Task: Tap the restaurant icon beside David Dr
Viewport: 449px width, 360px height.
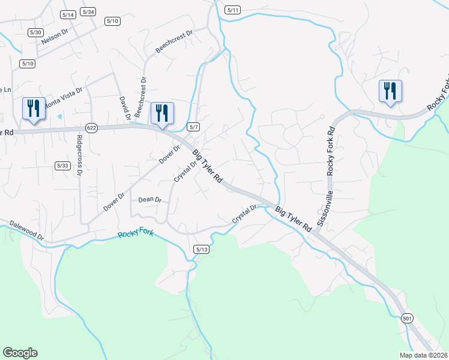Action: [162, 113]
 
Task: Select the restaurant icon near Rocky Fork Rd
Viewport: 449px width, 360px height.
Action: [390, 91]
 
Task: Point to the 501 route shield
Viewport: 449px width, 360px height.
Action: [407, 319]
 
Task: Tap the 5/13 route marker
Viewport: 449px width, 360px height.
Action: [202, 249]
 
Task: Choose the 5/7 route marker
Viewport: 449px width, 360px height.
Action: [193, 127]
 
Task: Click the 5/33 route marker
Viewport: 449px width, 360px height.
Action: [62, 166]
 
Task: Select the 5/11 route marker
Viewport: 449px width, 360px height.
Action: [233, 10]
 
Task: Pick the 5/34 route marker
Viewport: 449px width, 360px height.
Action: [88, 12]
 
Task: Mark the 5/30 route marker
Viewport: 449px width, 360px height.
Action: [36, 32]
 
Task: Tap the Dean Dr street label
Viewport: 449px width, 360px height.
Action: [149, 200]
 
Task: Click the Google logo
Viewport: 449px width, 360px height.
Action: [20, 353]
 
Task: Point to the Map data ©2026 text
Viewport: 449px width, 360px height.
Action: [423, 355]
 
